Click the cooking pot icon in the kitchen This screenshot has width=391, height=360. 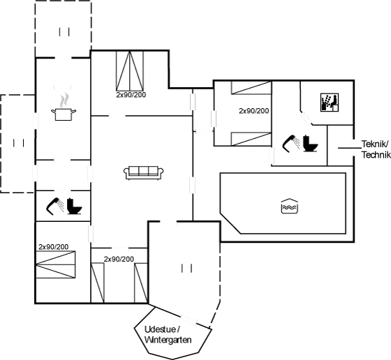click(64, 114)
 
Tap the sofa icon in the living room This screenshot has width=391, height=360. click(143, 172)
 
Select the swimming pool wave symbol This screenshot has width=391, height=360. click(290, 206)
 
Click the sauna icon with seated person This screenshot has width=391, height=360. click(330, 103)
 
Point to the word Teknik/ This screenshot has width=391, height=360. click(375, 144)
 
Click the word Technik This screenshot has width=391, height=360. click(376, 155)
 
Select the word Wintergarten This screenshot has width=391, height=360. click(168, 340)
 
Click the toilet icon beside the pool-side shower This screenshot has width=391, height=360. click(311, 143)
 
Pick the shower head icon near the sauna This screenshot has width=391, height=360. click(290, 143)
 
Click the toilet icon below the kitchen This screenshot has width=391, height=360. click(74, 206)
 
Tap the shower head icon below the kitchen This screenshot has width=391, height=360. click(55, 206)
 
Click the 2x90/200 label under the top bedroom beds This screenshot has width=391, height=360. click(131, 95)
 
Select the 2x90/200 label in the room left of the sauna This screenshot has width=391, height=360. click(254, 111)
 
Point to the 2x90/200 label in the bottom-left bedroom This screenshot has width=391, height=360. click(53, 247)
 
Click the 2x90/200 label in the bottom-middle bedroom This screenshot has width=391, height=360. click(119, 259)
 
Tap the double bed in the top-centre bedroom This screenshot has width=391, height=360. click(130, 70)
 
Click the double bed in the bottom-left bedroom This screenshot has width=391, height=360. click(55, 264)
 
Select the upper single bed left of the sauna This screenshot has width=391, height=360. click(251, 88)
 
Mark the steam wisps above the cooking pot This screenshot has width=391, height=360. click(64, 100)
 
